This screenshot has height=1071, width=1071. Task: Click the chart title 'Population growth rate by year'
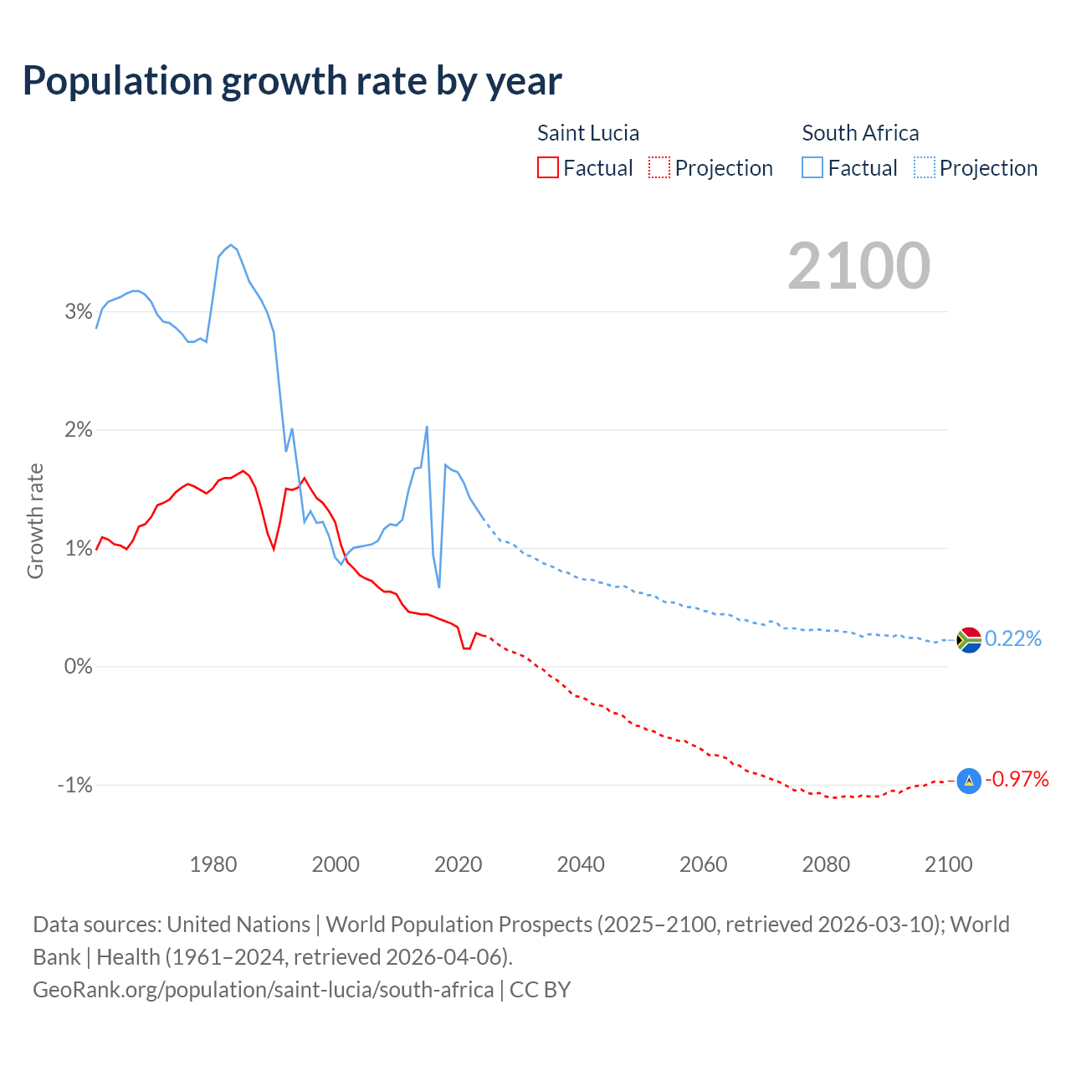(292, 81)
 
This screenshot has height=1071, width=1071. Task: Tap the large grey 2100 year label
(858, 266)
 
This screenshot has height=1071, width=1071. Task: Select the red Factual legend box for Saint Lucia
(548, 168)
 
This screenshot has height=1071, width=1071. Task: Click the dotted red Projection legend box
(659, 168)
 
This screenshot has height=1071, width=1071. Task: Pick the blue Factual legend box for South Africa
(812, 168)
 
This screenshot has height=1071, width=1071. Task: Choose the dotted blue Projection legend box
(924, 168)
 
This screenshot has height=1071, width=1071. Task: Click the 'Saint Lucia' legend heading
(587, 133)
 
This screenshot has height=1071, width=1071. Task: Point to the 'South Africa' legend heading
(860, 133)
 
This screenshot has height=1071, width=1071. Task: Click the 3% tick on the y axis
(78, 312)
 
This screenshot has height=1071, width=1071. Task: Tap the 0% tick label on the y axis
(78, 667)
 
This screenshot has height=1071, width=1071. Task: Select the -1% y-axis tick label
(74, 786)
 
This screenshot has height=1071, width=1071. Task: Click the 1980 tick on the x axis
(213, 864)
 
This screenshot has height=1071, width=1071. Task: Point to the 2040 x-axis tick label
(581, 864)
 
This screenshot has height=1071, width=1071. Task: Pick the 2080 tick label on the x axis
(826, 864)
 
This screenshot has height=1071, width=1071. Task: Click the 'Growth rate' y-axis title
(35, 520)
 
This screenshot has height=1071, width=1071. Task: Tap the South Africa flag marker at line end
(969, 640)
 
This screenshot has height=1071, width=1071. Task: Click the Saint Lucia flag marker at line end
(969, 781)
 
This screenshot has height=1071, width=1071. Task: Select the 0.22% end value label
(1013, 639)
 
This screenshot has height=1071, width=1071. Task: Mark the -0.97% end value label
(1017, 780)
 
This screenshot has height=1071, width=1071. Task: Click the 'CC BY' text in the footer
(541, 990)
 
